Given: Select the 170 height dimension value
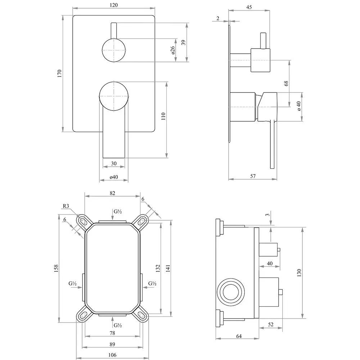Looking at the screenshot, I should coord(60,73).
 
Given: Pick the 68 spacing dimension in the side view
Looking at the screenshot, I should coord(286,83).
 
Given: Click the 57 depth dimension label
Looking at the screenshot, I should coord(253,176).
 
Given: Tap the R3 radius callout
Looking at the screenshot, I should coord(66,206).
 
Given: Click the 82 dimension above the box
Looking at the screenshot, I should coord(112,193).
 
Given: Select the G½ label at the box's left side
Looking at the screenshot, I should coord(73,284).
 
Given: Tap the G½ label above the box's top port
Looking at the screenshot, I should coord(117,212).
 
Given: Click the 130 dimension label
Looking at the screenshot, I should coord(299,273).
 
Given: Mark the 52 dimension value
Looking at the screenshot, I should coord(271,324).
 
